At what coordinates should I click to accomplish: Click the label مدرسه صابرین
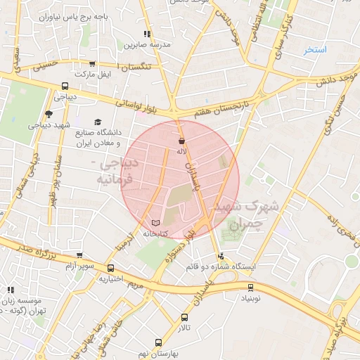pos(148,44)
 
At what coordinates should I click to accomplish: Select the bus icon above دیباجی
pos(65,88)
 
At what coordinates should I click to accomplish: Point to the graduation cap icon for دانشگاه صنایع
pos(98,121)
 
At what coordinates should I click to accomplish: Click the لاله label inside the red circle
pos(181,151)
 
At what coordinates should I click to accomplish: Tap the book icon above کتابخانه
pos(155,222)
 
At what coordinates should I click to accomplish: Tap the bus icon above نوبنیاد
pos(251,287)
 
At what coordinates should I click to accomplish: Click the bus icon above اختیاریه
pos(110,268)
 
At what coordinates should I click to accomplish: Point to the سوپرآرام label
pos(80,266)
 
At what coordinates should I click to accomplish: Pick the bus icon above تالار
pos(184,318)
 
